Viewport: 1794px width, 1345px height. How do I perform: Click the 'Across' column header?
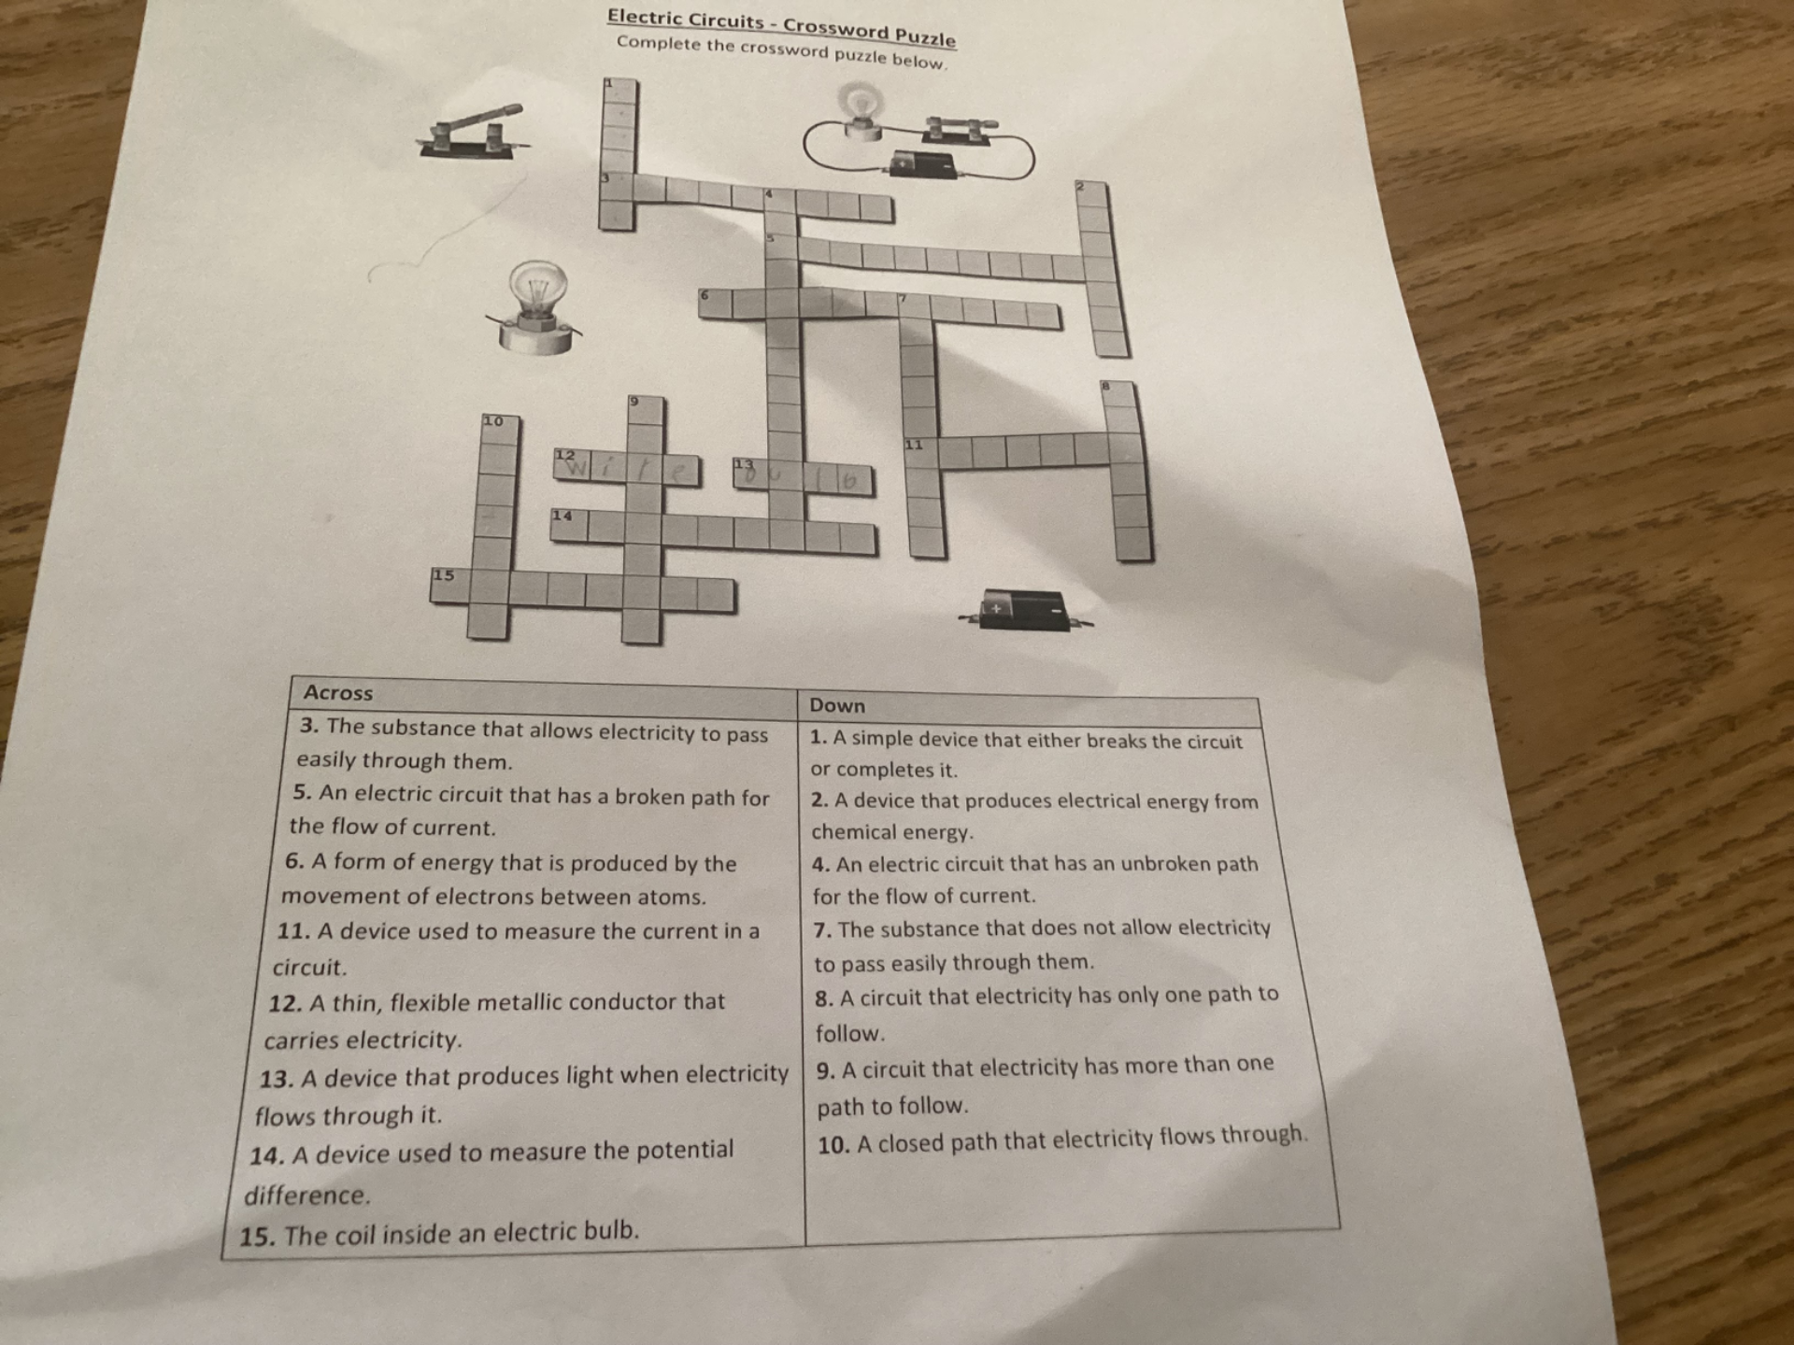pyautogui.click(x=337, y=693)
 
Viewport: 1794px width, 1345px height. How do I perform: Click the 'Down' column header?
pyautogui.click(x=837, y=706)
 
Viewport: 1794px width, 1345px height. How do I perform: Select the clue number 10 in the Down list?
pyautogui.click(x=833, y=1146)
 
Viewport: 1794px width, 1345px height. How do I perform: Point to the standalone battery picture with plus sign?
pyautogui.click(x=1024, y=611)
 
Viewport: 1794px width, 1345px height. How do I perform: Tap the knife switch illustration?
pyautogui.click(x=473, y=133)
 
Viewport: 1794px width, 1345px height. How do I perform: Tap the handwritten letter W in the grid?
pyautogui.click(x=576, y=465)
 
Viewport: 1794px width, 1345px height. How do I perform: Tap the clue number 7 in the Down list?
pyautogui.click(x=822, y=930)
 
